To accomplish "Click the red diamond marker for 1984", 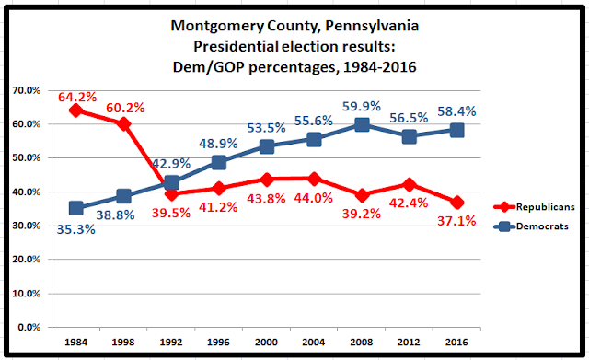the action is pyautogui.click(x=75, y=110).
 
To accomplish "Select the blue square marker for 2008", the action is pyautogui.click(x=362, y=125).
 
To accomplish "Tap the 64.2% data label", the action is pyautogui.click(x=77, y=98).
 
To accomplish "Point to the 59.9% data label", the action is pyautogui.click(x=362, y=107).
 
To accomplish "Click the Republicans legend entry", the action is pyautogui.click(x=534, y=206).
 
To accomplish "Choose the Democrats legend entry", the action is pyautogui.click(x=531, y=226).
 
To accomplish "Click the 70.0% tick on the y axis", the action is pyautogui.click(x=26, y=90).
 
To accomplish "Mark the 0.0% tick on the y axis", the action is pyautogui.click(x=29, y=327).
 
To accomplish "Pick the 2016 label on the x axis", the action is pyautogui.click(x=456, y=342).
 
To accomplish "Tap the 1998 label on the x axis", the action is pyautogui.click(x=123, y=342).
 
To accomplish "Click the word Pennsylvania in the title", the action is pyautogui.click(x=372, y=26).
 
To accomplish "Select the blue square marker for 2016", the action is pyautogui.click(x=456, y=131).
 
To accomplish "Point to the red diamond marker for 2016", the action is pyautogui.click(x=456, y=203).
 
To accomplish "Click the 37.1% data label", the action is pyautogui.click(x=456, y=221).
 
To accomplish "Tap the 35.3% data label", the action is pyautogui.click(x=75, y=229).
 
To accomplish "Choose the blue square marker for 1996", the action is pyautogui.click(x=219, y=162).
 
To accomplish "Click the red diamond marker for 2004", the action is pyautogui.click(x=314, y=179).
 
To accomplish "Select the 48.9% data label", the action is pyautogui.click(x=218, y=144).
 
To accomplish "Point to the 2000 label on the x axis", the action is pyautogui.click(x=266, y=342).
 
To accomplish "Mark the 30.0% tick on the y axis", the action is pyautogui.click(x=26, y=226).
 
